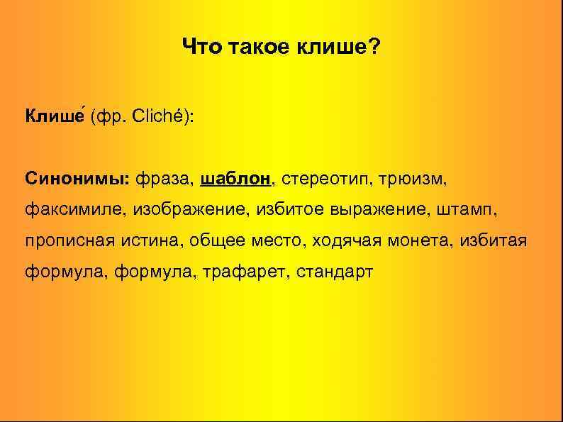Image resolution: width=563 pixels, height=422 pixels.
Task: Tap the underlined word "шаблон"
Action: click(x=236, y=178)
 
